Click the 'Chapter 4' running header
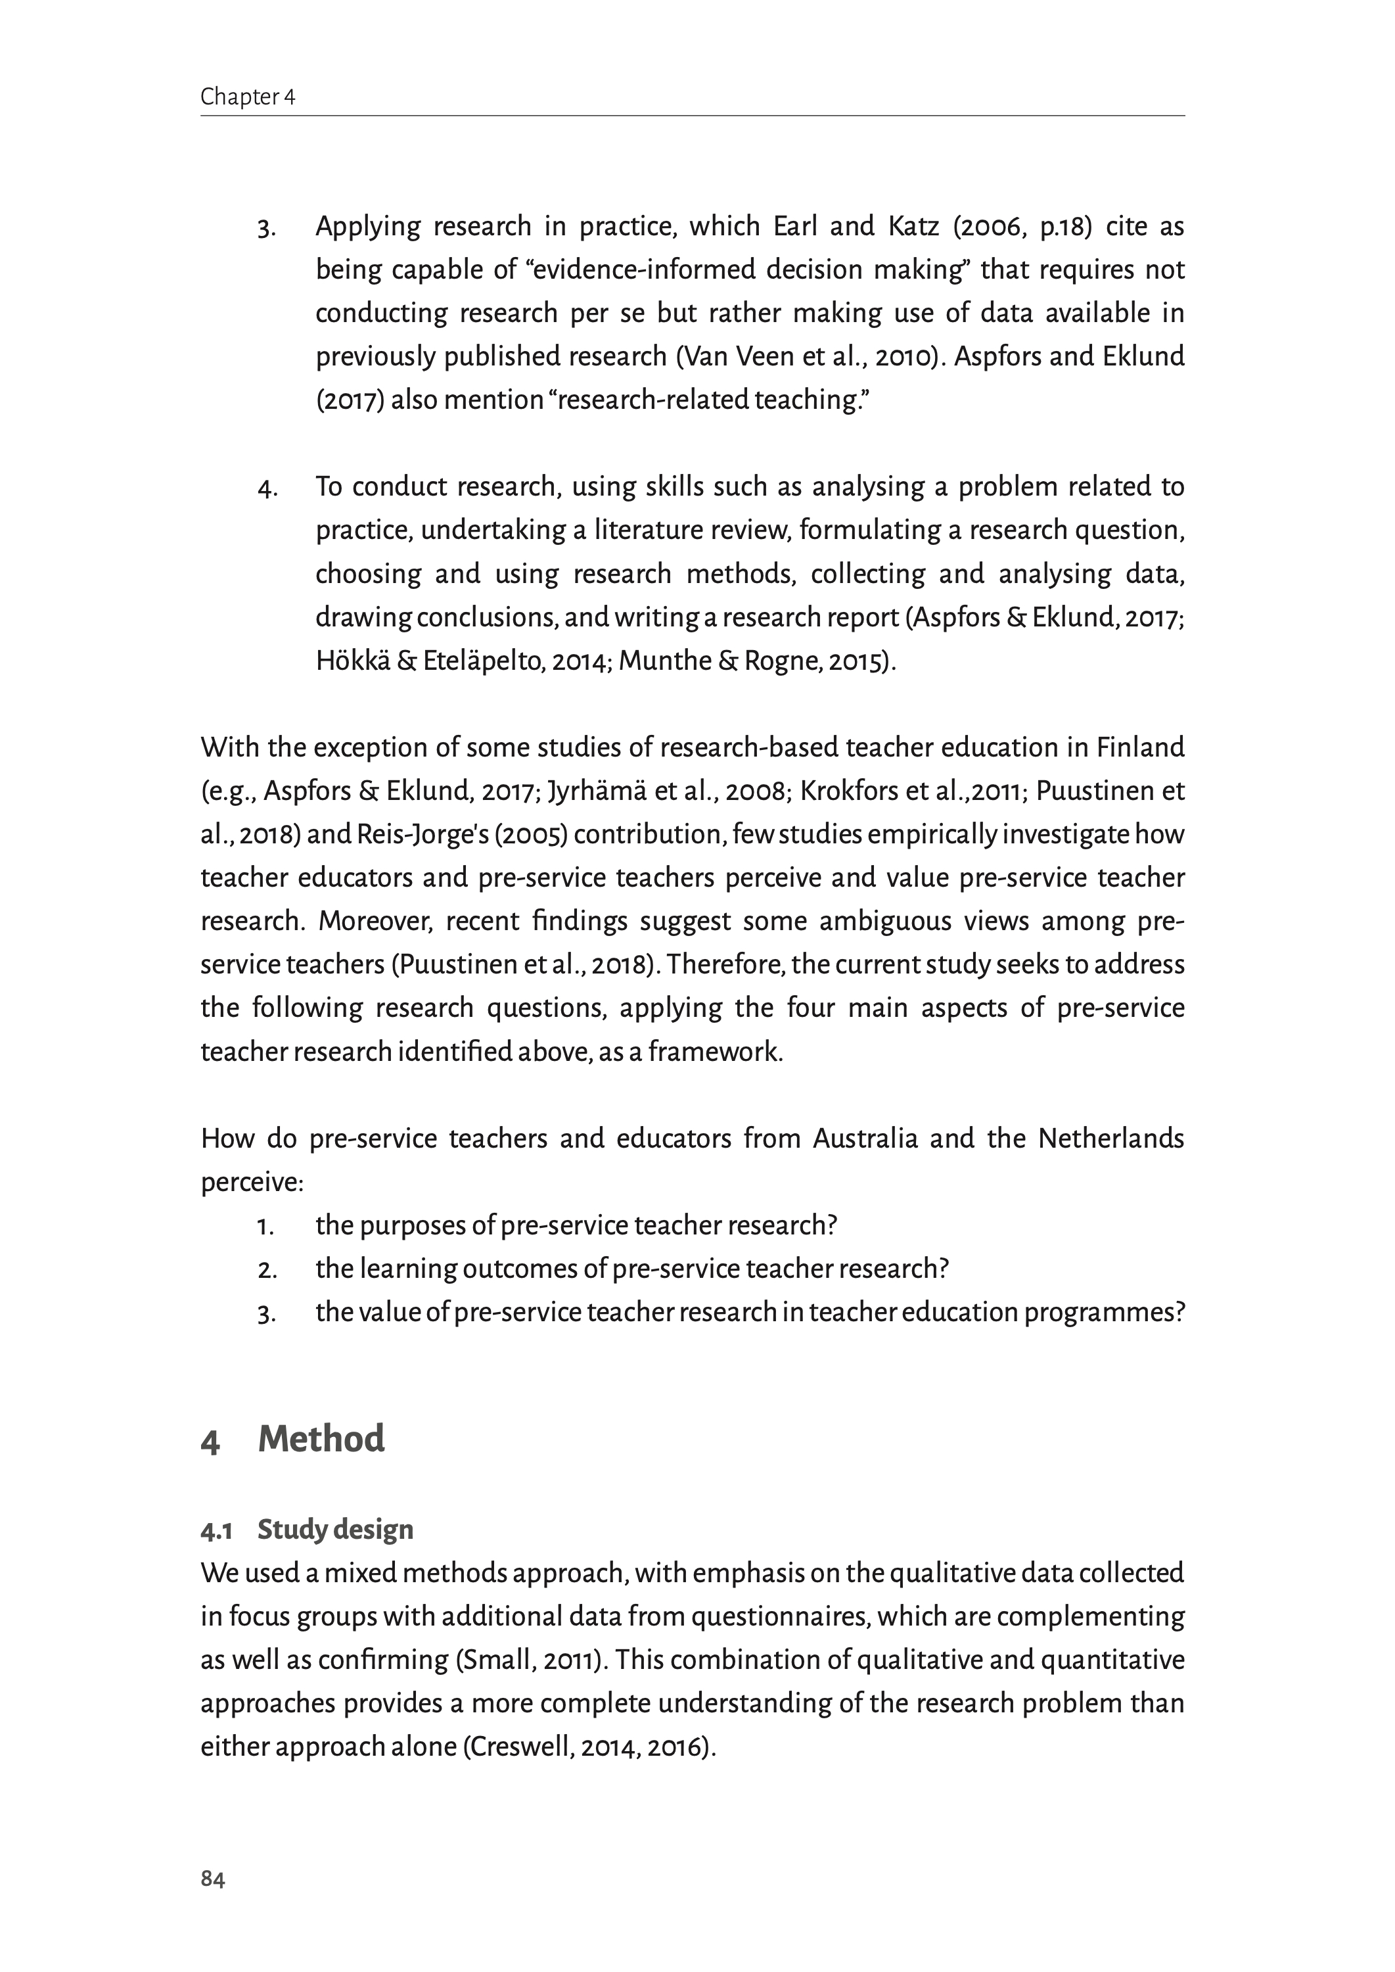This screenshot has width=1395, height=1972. pyautogui.click(x=247, y=97)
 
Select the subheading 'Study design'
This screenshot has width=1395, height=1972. pyautogui.click(x=335, y=1530)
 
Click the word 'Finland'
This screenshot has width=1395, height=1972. pyautogui.click(x=1140, y=747)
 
